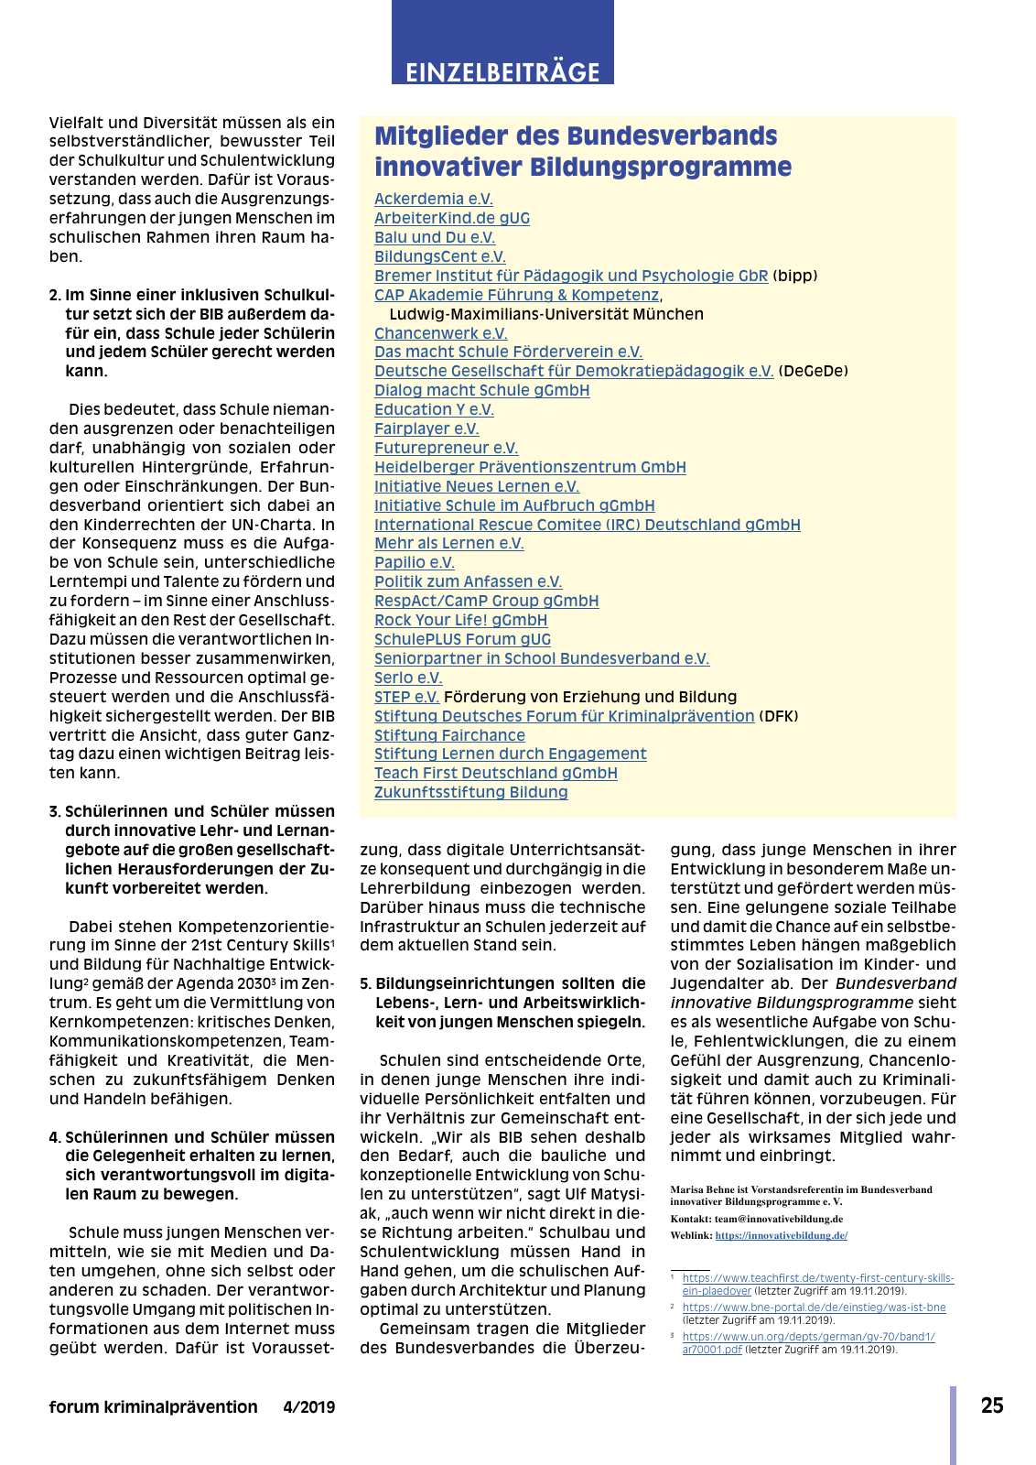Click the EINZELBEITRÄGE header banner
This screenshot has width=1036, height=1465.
pyautogui.click(x=502, y=71)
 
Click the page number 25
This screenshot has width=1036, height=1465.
pyautogui.click(x=992, y=1405)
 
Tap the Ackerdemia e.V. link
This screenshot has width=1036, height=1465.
pyautogui.click(x=433, y=199)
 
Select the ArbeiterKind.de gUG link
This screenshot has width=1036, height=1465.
pyautogui.click(x=451, y=218)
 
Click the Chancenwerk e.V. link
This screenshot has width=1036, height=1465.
pyautogui.click(x=440, y=333)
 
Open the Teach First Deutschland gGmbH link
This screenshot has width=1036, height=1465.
pyautogui.click(x=495, y=773)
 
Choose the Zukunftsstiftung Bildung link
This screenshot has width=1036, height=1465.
pyautogui.click(x=470, y=792)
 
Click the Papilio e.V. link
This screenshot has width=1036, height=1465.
pyautogui.click(x=414, y=562)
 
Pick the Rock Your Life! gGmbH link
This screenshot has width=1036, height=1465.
pyautogui.click(x=460, y=620)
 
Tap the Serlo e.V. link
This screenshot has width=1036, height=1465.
pyautogui.click(x=408, y=678)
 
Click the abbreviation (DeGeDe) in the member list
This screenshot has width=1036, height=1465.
pyautogui.click(x=813, y=371)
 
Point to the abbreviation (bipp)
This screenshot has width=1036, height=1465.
pyautogui.click(x=794, y=276)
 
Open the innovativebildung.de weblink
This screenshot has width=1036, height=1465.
pyautogui.click(x=781, y=1235)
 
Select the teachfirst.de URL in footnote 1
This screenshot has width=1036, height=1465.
pyautogui.click(x=817, y=1278)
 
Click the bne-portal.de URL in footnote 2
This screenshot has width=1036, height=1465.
pyautogui.click(x=814, y=1308)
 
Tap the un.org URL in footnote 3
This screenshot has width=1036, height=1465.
pyautogui.click(x=808, y=1337)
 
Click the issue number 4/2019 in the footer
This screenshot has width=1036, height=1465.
pyautogui.click(x=308, y=1407)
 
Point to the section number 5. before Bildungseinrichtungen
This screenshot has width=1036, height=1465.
pyautogui.click(x=365, y=983)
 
